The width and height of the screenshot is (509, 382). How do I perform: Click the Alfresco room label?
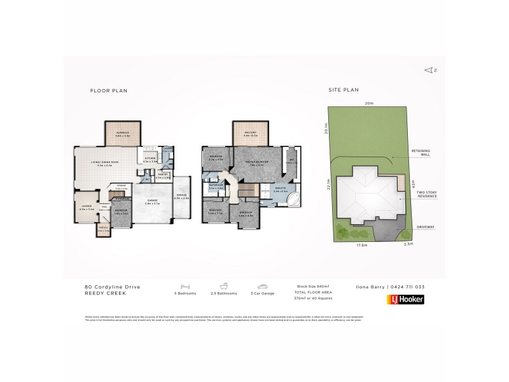(x=123, y=135)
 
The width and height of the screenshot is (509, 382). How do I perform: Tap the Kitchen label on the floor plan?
(x=150, y=160)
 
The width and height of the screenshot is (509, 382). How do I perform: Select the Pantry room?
(x=163, y=175)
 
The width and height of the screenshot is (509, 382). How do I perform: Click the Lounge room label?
(x=87, y=208)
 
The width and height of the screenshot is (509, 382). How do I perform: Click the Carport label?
(x=181, y=197)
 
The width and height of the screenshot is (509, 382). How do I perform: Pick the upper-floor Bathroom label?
(x=216, y=186)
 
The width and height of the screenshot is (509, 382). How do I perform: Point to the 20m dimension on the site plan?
(x=369, y=103)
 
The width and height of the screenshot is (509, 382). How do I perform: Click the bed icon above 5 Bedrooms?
(x=186, y=287)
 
